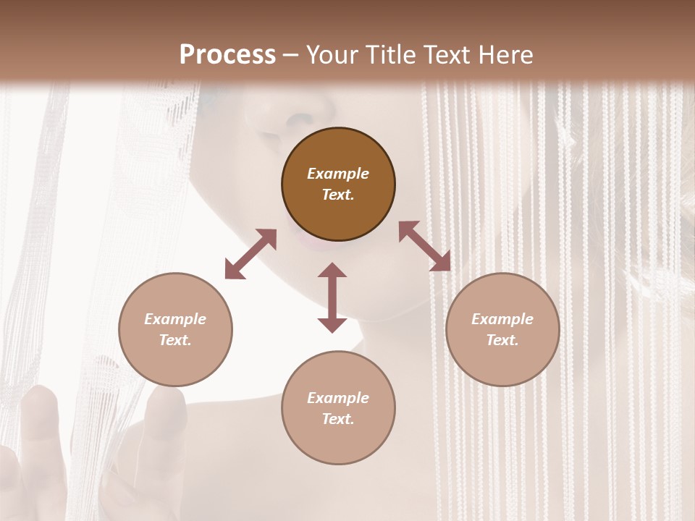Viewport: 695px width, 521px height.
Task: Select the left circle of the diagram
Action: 175,329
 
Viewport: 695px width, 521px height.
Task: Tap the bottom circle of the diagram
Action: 338,407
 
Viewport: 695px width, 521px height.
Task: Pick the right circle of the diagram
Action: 502,329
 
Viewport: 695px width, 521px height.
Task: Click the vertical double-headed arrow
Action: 332,297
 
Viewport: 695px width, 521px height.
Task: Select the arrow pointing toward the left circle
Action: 250,254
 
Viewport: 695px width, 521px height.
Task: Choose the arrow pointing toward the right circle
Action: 424,246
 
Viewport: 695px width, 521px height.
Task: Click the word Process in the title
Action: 227,55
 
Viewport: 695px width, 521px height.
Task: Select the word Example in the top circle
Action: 338,174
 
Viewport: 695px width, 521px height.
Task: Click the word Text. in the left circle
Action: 175,340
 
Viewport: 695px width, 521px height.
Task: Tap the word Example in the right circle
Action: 502,319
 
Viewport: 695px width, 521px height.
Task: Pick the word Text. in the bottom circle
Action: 338,419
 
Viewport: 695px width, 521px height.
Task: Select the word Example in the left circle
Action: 175,319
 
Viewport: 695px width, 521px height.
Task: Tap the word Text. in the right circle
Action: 502,340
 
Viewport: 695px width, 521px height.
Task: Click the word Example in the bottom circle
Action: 338,398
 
